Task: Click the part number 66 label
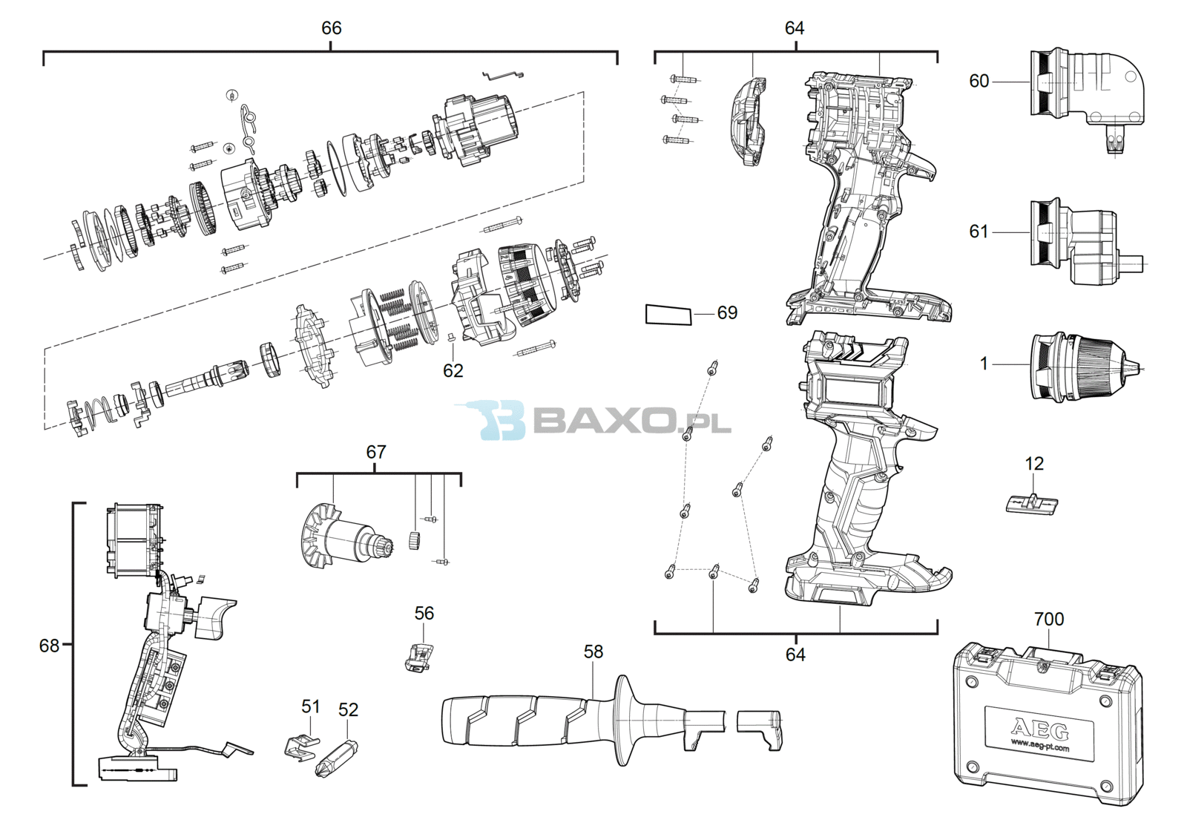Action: pos(331,28)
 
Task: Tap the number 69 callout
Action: pos(727,312)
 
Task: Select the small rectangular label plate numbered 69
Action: pos(668,315)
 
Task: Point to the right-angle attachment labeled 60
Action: pos(1085,96)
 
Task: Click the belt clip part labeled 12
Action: pos(1032,503)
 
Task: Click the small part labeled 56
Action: pos(418,657)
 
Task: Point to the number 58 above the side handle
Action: pos(593,652)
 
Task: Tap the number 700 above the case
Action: pos(1049,619)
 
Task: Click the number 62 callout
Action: pos(453,371)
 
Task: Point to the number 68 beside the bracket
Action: pos(49,646)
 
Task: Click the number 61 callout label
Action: pos(979,232)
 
